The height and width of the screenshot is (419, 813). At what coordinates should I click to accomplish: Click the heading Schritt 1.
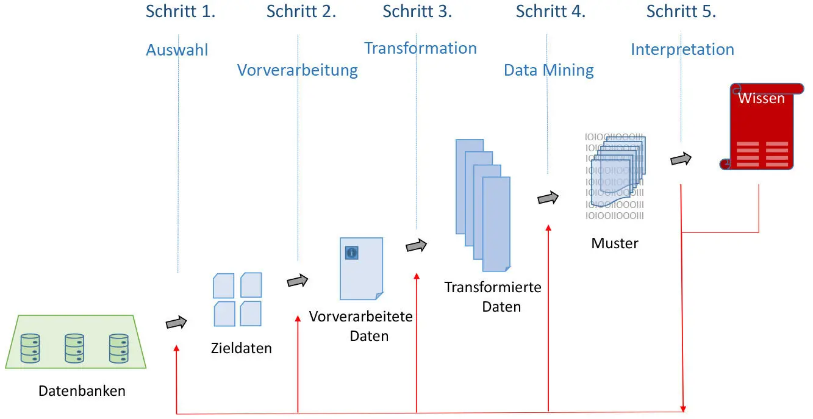click(x=180, y=12)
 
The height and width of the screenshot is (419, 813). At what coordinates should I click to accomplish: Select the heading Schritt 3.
click(x=417, y=12)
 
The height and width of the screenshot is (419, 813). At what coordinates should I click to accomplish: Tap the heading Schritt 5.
click(x=681, y=12)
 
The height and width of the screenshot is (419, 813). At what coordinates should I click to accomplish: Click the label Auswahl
click(x=177, y=50)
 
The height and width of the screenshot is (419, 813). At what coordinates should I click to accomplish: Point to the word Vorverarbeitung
click(x=297, y=70)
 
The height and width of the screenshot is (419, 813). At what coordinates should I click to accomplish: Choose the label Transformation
click(x=420, y=48)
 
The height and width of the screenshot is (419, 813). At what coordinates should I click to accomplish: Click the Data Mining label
click(x=548, y=71)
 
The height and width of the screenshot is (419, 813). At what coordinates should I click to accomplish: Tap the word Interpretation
click(x=682, y=49)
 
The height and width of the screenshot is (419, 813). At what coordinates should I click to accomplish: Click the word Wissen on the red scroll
click(x=761, y=98)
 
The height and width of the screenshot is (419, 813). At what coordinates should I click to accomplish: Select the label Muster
click(x=614, y=243)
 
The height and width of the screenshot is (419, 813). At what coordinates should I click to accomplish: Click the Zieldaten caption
click(x=241, y=349)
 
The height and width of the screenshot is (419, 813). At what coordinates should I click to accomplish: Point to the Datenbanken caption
click(x=82, y=391)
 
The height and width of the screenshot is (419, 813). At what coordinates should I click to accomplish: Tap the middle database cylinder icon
click(x=74, y=348)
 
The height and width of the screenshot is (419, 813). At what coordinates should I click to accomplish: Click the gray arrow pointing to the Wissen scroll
click(x=681, y=159)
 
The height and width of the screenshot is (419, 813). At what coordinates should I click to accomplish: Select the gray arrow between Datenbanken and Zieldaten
click(x=176, y=323)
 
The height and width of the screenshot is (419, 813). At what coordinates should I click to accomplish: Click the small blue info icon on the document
click(x=351, y=252)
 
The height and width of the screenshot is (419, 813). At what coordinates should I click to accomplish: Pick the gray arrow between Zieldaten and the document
click(x=298, y=281)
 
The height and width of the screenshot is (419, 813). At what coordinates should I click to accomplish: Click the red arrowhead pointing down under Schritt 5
click(x=683, y=407)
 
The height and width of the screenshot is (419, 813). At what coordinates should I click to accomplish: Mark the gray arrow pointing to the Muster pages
click(x=548, y=198)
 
